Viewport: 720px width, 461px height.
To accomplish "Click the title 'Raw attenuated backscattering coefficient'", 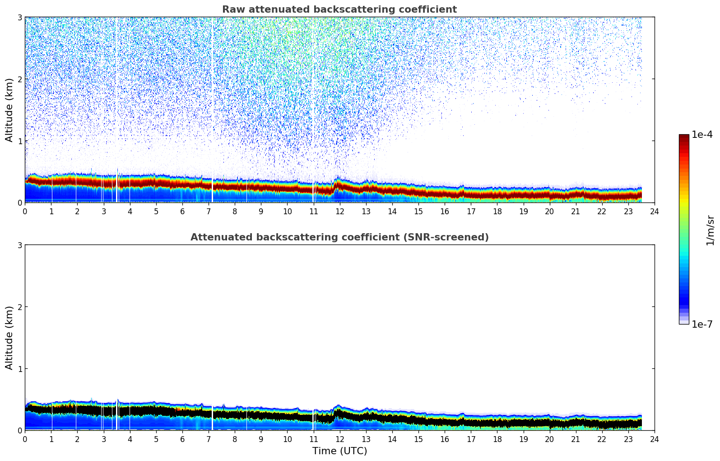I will click(339, 9).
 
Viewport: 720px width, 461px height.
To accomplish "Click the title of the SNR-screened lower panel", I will click(339, 237).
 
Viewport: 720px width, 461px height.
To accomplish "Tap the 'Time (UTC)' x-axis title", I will click(339, 451).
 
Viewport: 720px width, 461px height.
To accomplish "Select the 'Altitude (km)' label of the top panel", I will click(9, 110).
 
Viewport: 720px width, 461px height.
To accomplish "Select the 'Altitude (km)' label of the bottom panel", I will click(9, 338).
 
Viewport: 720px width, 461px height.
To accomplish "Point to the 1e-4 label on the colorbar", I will click(702, 135).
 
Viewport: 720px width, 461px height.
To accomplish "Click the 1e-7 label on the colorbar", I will click(702, 324).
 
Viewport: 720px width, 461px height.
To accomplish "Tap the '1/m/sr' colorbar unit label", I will click(710, 230).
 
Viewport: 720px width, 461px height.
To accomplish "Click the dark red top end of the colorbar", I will click(684, 136).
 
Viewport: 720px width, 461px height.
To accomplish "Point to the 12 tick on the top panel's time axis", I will click(340, 211).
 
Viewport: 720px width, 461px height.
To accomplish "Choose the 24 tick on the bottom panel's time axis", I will click(655, 439).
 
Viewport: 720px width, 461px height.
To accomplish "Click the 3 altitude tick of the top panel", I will click(19, 17).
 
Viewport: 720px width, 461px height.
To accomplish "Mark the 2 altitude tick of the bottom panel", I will click(19, 307).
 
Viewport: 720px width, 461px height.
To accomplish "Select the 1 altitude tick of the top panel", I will click(19, 141).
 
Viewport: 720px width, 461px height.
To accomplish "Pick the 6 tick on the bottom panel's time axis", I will click(182, 439).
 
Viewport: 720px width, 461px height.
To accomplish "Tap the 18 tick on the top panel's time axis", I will click(497, 211).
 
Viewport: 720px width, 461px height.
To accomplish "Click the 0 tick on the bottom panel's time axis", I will click(25, 439).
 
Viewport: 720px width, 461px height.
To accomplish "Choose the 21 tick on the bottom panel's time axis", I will click(576, 439).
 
